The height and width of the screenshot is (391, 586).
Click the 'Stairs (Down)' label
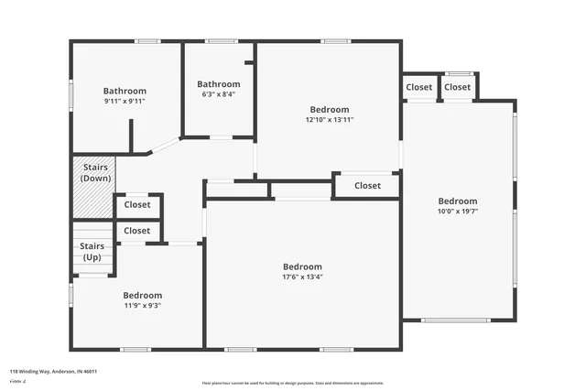[96, 172]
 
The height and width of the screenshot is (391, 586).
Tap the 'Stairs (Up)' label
[92, 251]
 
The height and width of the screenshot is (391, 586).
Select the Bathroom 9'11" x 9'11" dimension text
[125, 102]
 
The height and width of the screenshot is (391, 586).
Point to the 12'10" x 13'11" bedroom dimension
[330, 119]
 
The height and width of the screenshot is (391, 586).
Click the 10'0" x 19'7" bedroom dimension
[457, 212]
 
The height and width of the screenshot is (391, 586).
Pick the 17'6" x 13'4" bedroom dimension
[302, 277]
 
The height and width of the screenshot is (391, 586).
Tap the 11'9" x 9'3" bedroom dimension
[143, 306]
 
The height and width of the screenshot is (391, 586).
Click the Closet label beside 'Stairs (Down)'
[137, 205]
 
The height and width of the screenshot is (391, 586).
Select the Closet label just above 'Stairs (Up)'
[137, 231]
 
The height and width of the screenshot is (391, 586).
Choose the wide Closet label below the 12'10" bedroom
[367, 186]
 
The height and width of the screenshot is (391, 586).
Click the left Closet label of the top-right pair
[419, 87]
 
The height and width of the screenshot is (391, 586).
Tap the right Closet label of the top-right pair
[458, 87]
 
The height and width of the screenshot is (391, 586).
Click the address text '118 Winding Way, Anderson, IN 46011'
[53, 371]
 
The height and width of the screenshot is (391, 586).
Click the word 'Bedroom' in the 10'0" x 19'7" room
[457, 201]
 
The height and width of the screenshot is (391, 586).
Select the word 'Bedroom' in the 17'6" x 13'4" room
[302, 266]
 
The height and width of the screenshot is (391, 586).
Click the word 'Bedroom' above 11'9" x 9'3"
[143, 295]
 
